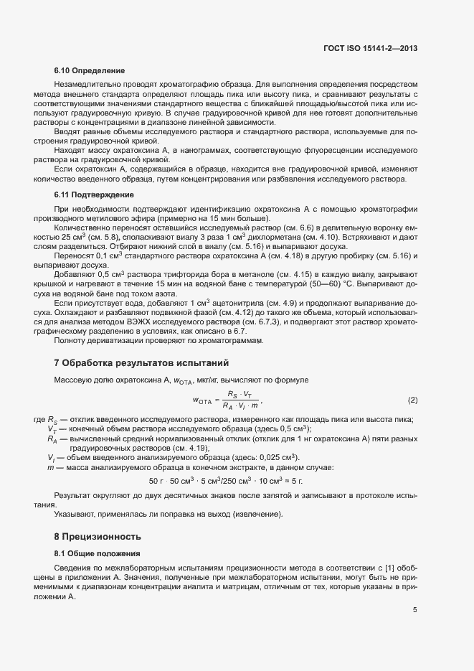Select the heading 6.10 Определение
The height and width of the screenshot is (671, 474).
90,70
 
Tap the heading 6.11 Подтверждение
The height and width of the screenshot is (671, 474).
94,194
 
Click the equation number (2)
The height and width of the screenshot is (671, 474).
412,399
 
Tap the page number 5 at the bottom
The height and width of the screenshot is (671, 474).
414,610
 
